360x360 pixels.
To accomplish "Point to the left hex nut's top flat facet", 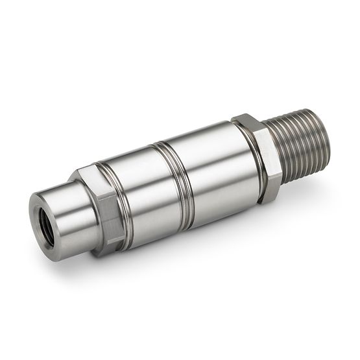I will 91,174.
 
